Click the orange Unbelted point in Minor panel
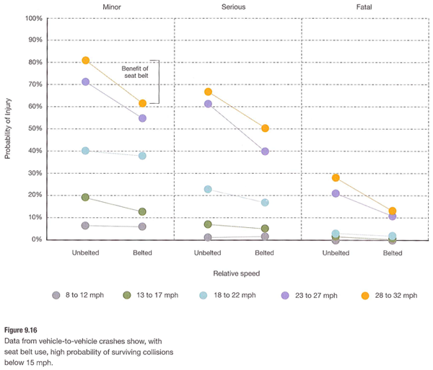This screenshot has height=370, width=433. click(86, 61)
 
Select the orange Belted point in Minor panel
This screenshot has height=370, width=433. click(142, 104)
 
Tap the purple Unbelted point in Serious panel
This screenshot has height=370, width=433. click(208, 104)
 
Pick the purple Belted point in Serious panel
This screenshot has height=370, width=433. click(265, 151)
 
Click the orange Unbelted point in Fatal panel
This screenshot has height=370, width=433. click(336, 177)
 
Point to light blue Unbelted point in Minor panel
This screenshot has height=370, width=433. click(86, 151)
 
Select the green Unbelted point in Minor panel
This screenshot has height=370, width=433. click(86, 197)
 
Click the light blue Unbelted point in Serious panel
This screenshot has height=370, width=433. click(208, 189)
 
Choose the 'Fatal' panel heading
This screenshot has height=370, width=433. click(364, 6)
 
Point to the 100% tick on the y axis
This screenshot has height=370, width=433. click(34, 17)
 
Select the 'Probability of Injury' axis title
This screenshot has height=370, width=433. click(8, 128)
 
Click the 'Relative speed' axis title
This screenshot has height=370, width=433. click(236, 274)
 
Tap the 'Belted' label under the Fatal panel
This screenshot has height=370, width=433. click(392, 253)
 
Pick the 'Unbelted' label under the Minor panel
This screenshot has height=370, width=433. click(86, 253)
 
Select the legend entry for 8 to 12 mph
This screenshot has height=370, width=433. click(79, 295)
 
